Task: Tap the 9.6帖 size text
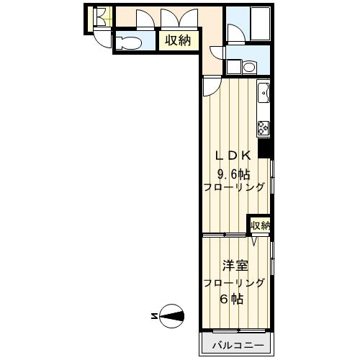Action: click(x=234, y=172)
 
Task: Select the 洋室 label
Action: click(x=235, y=265)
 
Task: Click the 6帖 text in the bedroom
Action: click(x=235, y=299)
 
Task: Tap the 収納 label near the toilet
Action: click(x=177, y=41)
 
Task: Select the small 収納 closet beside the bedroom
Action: click(x=260, y=225)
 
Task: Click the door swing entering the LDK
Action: click(x=212, y=87)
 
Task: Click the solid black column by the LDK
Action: click(x=265, y=148)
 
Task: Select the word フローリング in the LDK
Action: click(x=235, y=188)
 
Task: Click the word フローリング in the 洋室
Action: click(x=235, y=282)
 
